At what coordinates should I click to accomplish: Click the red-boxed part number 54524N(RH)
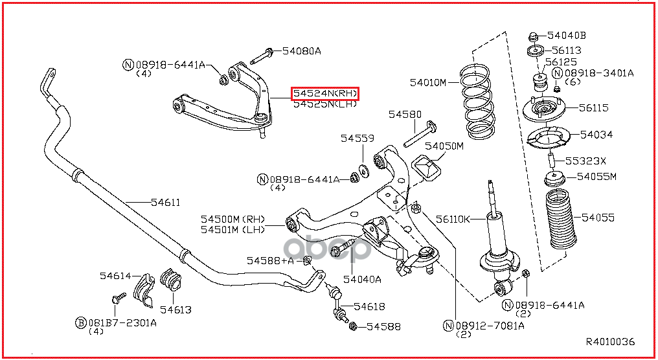[325, 93]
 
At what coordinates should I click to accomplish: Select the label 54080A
[301, 51]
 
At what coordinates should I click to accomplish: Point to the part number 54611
[166, 202]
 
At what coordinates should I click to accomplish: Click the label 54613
[176, 309]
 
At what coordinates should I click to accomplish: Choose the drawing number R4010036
[610, 342]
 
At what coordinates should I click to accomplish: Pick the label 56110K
[453, 219]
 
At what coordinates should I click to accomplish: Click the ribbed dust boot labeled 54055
[561, 219]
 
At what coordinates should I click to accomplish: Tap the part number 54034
[596, 135]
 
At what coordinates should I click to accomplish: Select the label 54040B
[567, 36]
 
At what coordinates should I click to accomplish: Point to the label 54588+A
[270, 260]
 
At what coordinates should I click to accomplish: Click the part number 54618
[369, 307]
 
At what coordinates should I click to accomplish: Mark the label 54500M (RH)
[233, 219]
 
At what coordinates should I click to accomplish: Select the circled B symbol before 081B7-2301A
[80, 322]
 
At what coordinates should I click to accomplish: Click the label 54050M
[444, 146]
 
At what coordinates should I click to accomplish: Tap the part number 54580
[405, 114]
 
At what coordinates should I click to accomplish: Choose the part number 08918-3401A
[599, 73]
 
